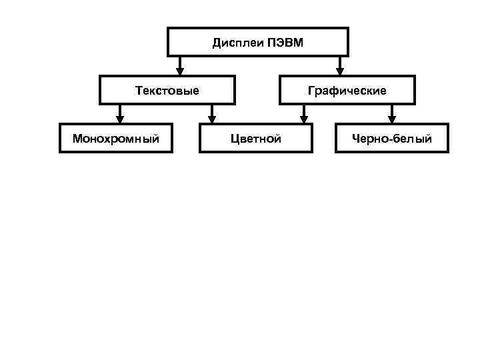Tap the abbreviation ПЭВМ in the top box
[x=285, y=43]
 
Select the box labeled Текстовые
[x=167, y=90]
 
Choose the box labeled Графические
[x=347, y=90]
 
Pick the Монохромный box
[x=116, y=139]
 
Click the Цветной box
[x=255, y=139]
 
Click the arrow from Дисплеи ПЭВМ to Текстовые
[x=180, y=65]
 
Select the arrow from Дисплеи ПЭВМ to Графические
[x=339, y=65]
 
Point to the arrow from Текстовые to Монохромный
[x=120, y=114]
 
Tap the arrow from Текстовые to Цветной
[x=211, y=114]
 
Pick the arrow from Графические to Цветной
[x=304, y=114]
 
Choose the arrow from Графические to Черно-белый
[x=393, y=114]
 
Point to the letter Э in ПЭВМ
[x=278, y=43]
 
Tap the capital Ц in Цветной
[x=234, y=139]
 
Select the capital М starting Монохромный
[x=77, y=139]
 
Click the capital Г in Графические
[x=311, y=90]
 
